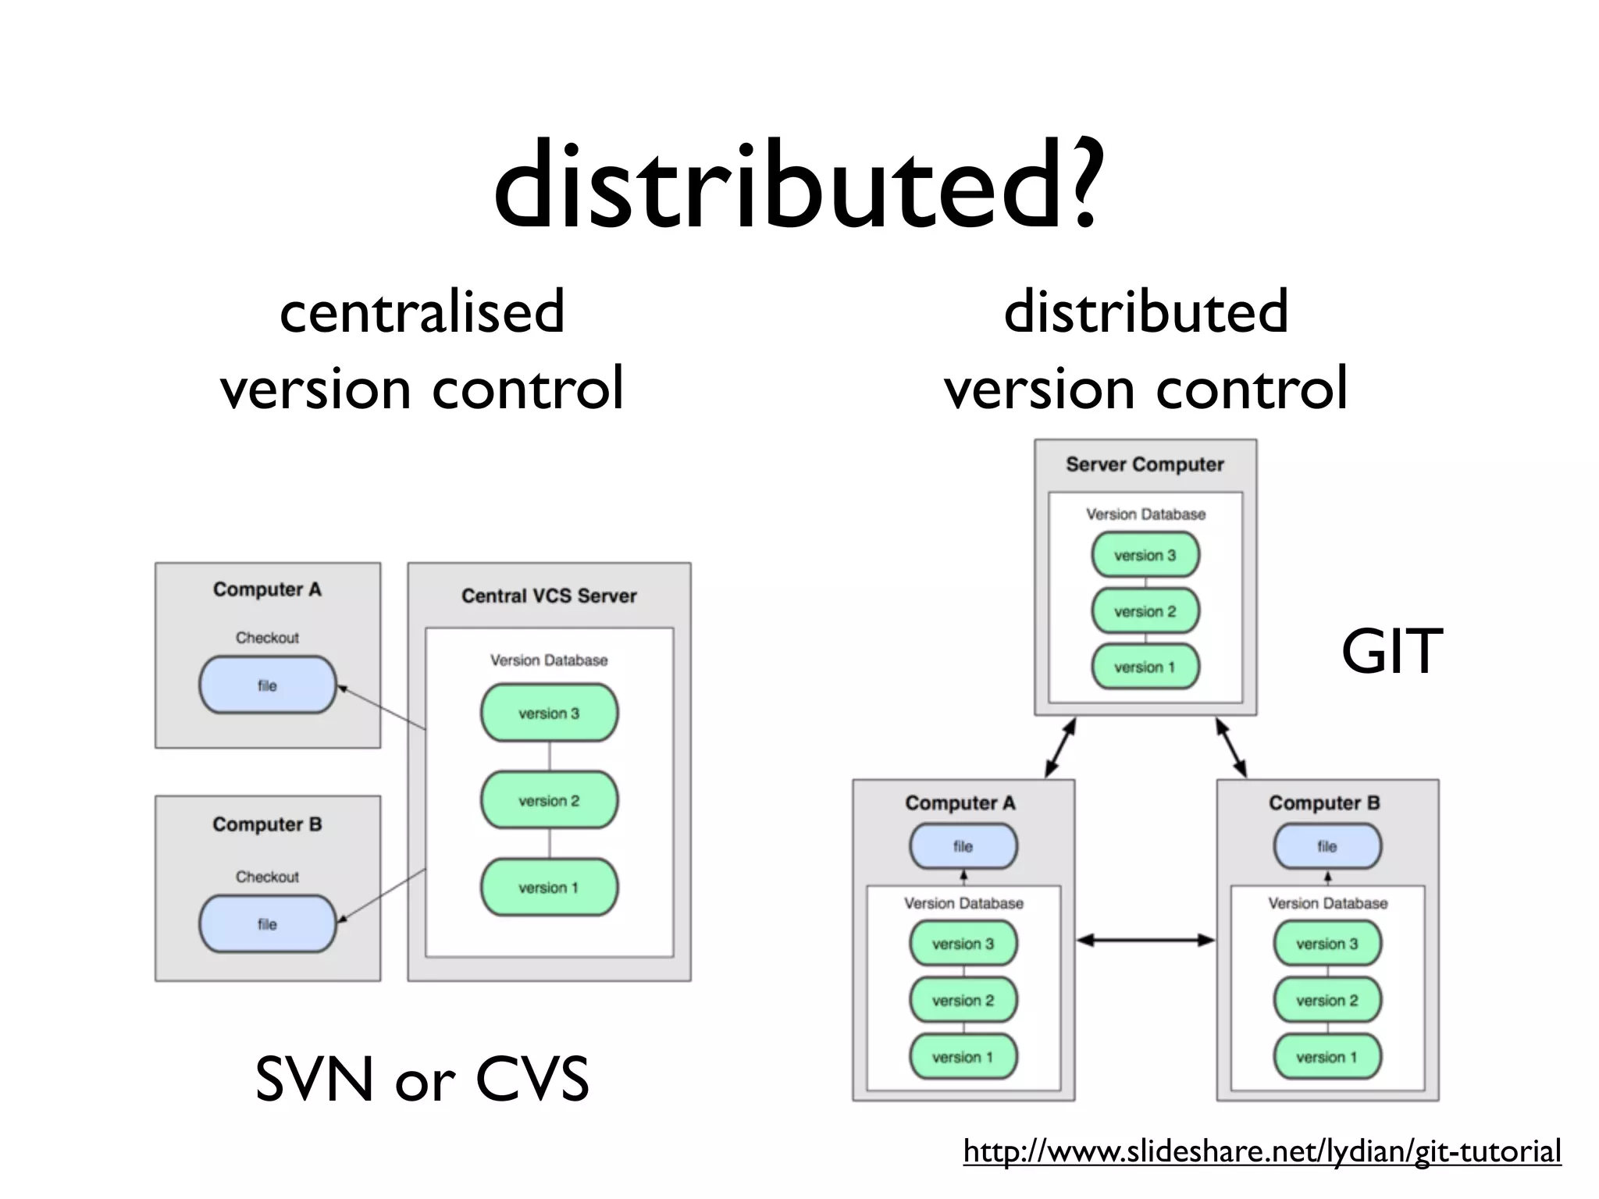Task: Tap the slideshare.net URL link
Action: coord(1262,1151)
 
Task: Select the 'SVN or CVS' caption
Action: coord(422,1079)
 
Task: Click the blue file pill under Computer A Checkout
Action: coord(267,685)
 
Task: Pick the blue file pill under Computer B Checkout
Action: coord(267,924)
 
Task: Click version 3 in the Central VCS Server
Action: coord(549,713)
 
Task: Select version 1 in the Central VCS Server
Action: coord(549,888)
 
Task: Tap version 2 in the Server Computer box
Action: coord(1145,611)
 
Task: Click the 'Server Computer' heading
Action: coord(1145,464)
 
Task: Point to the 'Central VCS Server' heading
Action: coord(549,596)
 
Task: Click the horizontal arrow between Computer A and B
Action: coord(1145,941)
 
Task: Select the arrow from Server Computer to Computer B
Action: coord(1231,748)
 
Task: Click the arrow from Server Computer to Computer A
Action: coord(1060,748)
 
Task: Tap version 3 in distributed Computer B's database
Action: coord(1327,944)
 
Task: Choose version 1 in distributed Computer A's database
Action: coord(963,1057)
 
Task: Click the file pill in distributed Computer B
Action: coord(1327,846)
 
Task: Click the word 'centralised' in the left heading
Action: coord(422,311)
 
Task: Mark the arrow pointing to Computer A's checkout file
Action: coord(381,708)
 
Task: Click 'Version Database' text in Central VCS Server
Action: coord(549,660)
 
